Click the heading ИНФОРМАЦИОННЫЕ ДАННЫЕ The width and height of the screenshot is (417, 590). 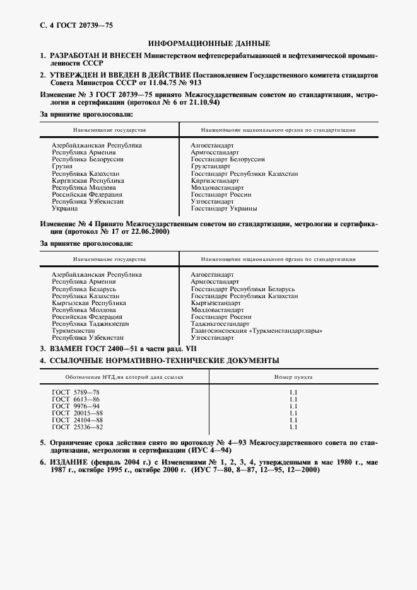pos(208,43)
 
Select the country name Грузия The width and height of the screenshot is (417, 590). pos(62,166)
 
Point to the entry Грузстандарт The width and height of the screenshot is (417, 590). pos(213,166)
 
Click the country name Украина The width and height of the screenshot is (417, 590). pos(64,209)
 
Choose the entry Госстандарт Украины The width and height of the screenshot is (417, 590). pos(224,209)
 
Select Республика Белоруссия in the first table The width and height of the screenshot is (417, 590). pos(87,159)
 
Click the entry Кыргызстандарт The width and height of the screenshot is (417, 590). pos(215,303)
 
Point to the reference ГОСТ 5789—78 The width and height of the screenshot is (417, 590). pos(76,392)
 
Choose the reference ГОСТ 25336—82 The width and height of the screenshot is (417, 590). pos(77,427)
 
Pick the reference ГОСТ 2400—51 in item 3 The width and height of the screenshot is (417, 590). pos(106,348)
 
